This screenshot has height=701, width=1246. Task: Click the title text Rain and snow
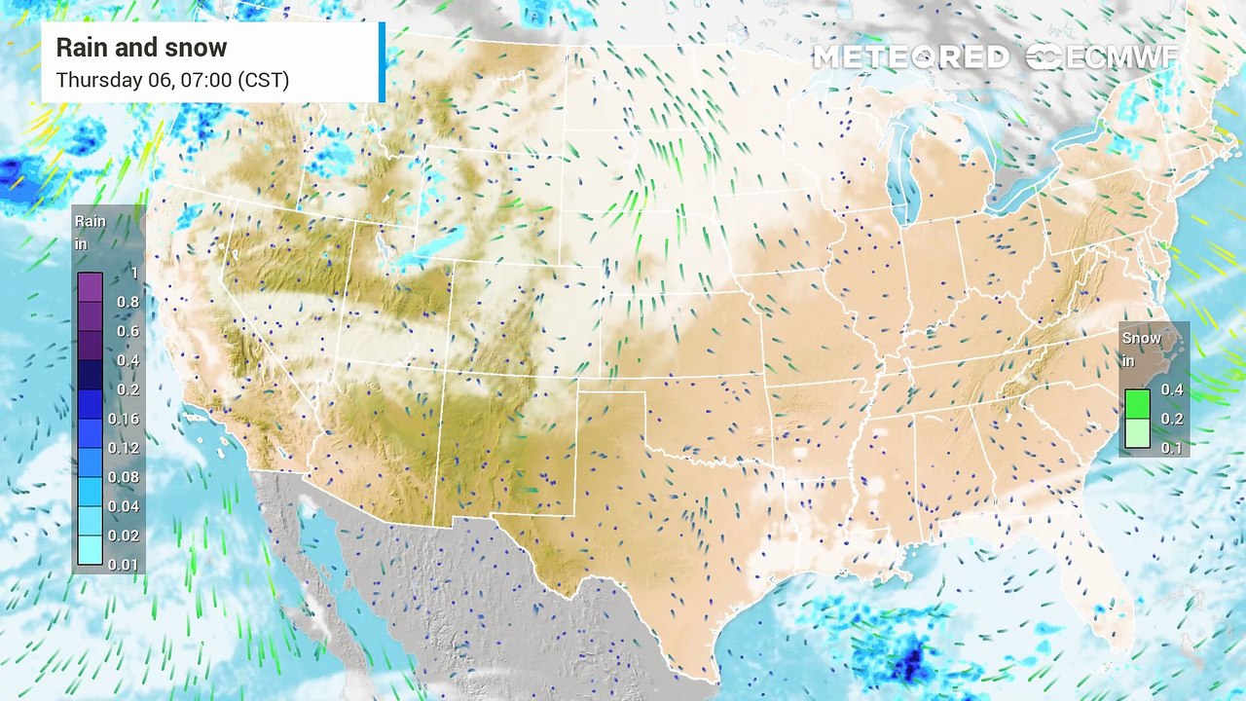(x=141, y=48)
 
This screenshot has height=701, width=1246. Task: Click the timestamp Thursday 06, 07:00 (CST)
(x=172, y=80)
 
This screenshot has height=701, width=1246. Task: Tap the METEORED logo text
(x=910, y=57)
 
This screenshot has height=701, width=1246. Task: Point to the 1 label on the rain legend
(x=133, y=274)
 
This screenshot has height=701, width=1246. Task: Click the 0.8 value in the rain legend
(x=128, y=302)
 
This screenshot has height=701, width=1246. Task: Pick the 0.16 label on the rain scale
(x=124, y=419)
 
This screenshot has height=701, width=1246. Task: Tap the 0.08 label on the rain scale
(x=124, y=477)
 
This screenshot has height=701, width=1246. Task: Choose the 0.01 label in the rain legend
(x=124, y=565)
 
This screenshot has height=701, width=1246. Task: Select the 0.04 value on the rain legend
(x=124, y=506)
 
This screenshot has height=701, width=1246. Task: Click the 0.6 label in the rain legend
(x=128, y=331)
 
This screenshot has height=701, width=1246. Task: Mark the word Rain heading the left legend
(x=91, y=222)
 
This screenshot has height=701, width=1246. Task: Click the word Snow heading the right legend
(x=1142, y=338)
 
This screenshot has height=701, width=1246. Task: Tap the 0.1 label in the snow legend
(x=1172, y=448)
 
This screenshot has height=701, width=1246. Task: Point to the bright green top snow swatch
(x=1137, y=403)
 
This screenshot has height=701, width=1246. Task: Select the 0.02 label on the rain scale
(x=124, y=535)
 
